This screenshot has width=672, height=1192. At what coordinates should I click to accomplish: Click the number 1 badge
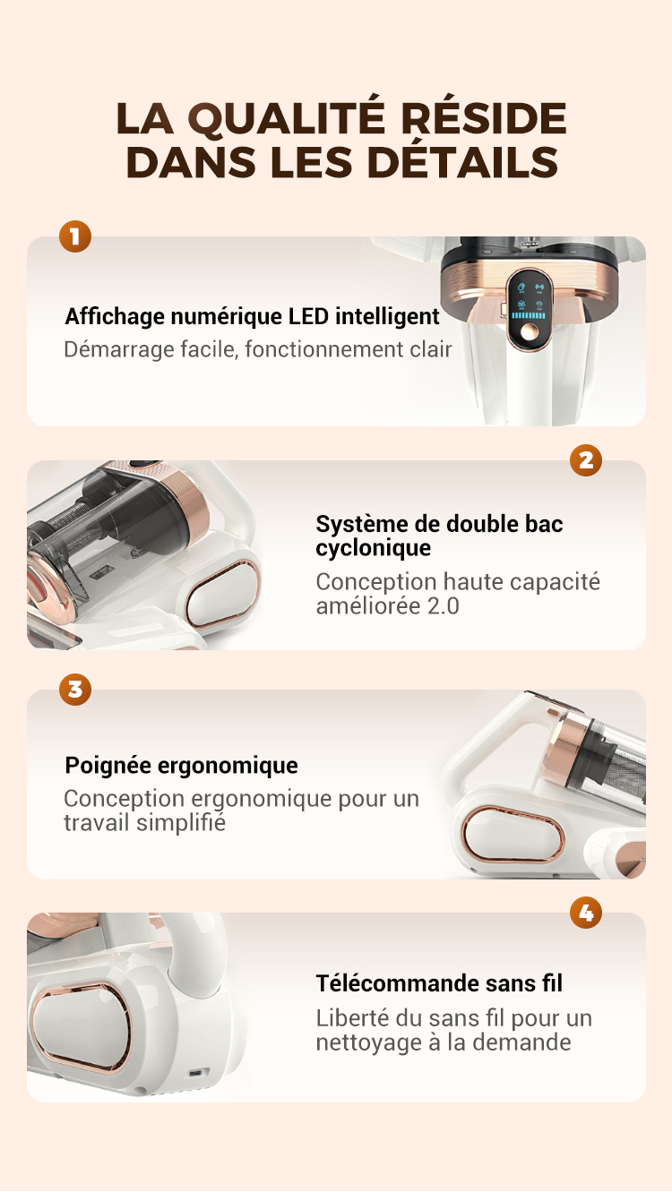pos(75,236)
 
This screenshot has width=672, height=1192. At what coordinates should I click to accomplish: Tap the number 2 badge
pos(586,460)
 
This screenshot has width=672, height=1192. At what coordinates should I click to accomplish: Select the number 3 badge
pos(75,690)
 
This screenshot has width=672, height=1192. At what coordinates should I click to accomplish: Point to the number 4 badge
pos(586,913)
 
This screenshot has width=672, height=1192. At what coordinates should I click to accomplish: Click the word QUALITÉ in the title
pos(287,120)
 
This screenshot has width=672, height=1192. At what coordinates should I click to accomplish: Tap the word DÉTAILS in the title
pos(462,162)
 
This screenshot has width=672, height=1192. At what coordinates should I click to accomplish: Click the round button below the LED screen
pos(529,333)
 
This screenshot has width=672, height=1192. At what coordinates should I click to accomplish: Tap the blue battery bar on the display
pos(529,315)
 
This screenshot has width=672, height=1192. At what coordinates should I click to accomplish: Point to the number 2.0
pos(443,606)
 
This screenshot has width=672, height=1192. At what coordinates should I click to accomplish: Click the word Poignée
pos(108,767)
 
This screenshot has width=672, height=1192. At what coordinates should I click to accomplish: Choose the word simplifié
pos(181,823)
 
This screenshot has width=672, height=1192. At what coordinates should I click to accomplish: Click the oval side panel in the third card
pos(512,835)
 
